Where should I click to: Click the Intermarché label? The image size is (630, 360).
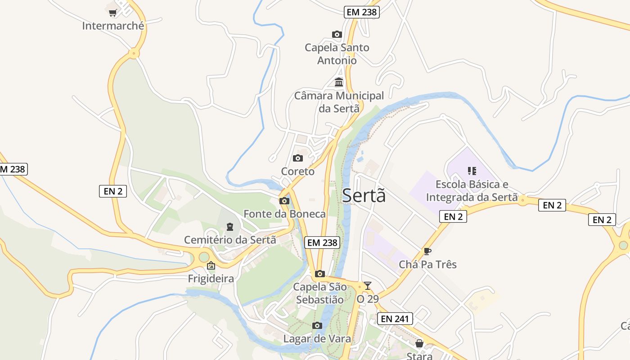pos(113,26)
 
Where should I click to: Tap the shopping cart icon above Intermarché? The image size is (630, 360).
pos(113,13)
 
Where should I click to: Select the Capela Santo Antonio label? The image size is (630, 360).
pos(337,54)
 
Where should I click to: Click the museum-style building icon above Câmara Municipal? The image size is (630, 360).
pos(339,82)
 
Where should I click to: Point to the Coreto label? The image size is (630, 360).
pos(298,171)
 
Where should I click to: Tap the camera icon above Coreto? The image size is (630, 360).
pos(298,158)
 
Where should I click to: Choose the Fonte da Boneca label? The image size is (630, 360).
pos(284,214)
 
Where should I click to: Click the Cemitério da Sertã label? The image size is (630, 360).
pos(230,240)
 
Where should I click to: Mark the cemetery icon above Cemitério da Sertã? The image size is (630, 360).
pos(230,226)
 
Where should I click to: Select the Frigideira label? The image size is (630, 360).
pos(211,279)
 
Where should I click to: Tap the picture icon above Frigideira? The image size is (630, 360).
pos(211,266)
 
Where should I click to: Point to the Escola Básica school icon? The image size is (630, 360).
pos(472,171)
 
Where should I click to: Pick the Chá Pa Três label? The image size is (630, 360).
pos(427,264)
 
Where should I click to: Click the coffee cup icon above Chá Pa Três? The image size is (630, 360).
pos(427,251)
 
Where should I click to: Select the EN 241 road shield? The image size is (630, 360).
pos(395,319)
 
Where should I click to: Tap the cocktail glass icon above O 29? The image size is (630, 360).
pos(368,286)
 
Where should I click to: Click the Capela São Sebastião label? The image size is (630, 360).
pos(320,293)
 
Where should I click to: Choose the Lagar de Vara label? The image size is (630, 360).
pos(317,339)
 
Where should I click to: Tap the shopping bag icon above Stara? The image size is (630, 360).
pos(419,343)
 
